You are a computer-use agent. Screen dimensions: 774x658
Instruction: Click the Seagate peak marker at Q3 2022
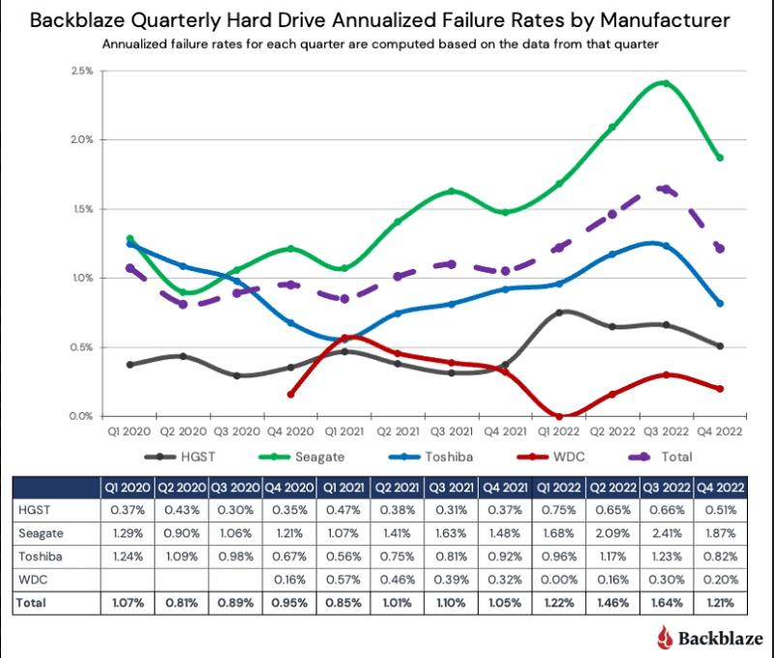(667, 83)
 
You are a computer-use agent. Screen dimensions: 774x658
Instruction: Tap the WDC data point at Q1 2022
(559, 417)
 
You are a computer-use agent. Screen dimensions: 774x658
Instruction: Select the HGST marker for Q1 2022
(559, 313)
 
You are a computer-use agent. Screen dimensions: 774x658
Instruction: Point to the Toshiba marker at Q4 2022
(720, 304)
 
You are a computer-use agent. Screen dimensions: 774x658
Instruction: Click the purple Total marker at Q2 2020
(183, 305)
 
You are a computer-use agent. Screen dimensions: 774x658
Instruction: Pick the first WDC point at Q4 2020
(291, 395)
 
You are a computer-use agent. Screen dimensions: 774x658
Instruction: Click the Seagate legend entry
(302, 457)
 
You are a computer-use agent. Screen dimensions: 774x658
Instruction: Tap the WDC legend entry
(551, 457)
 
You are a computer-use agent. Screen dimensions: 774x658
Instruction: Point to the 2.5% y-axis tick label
(82, 71)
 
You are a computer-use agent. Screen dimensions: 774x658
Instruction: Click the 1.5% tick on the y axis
(82, 209)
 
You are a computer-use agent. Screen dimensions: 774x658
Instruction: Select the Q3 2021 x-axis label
(451, 432)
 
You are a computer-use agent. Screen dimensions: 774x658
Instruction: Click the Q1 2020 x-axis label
(129, 432)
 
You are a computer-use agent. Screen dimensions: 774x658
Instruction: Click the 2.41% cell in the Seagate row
(667, 533)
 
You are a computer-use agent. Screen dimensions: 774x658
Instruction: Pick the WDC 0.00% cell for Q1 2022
(559, 580)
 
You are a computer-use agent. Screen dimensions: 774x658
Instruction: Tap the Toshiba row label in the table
(41, 556)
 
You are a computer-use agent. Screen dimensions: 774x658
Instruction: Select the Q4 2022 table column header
(720, 489)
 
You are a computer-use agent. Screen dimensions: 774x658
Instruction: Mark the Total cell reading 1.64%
(667, 603)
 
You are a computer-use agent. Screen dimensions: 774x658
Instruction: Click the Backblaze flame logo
(665, 638)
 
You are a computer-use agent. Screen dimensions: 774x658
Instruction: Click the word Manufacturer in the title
(665, 20)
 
